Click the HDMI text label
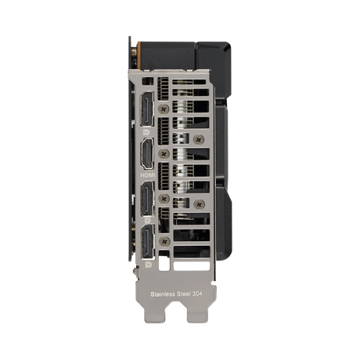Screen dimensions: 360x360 click(147, 176)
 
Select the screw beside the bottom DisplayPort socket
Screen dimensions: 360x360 click(163, 244)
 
